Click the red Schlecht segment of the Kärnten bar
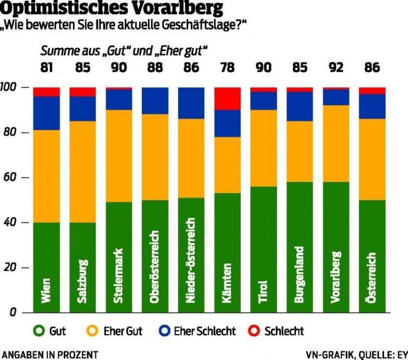click(x=227, y=98)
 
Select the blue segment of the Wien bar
click(x=46, y=113)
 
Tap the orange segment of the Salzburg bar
click(x=82, y=171)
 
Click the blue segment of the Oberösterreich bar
click(x=155, y=101)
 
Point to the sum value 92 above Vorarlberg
click(x=335, y=68)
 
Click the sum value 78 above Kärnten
click(x=227, y=68)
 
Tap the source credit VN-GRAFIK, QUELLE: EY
click(x=355, y=354)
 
